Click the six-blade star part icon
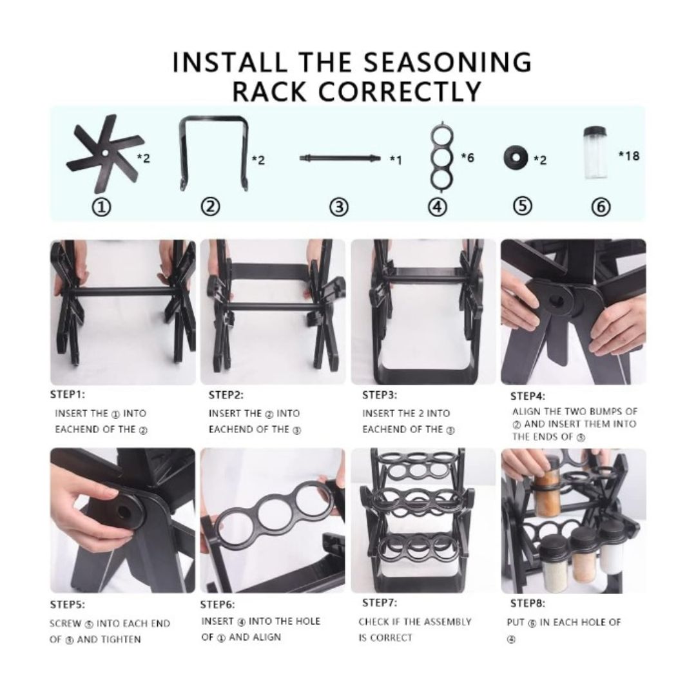click(103, 153)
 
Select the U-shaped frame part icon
click(213, 153)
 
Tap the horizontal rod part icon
click(340, 158)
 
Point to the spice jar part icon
click(594, 153)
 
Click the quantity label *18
click(628, 155)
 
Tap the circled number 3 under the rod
click(339, 207)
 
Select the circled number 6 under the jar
click(600, 207)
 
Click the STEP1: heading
click(67, 394)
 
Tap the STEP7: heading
click(379, 603)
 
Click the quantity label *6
click(467, 157)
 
